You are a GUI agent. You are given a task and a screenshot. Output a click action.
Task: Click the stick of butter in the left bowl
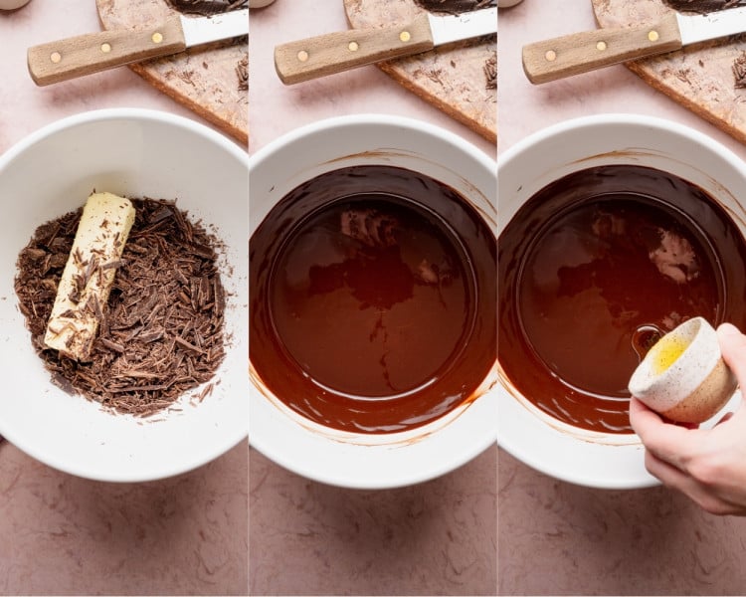coord(91,274)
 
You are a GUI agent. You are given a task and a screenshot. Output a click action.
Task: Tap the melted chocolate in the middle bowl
coord(373,298)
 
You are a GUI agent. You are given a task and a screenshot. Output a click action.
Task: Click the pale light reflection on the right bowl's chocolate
coord(675,257)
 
